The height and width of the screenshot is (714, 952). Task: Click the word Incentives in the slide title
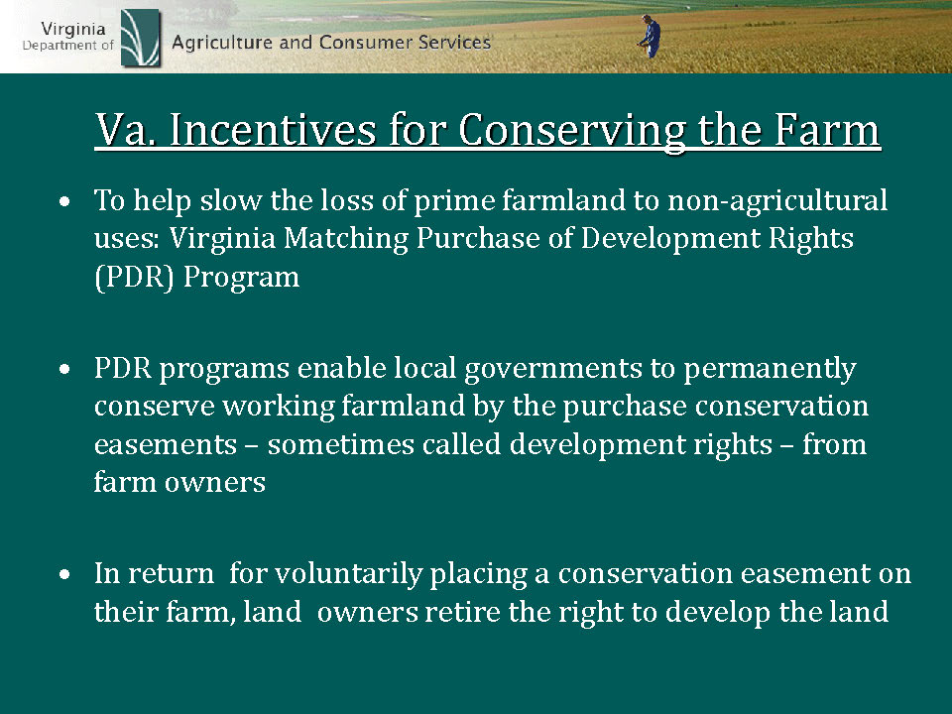[273, 129]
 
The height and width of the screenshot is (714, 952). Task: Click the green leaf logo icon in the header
[141, 38]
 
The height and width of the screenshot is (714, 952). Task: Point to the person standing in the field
[651, 37]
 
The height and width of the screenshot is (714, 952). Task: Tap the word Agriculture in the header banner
[221, 44]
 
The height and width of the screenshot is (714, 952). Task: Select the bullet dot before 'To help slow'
[65, 201]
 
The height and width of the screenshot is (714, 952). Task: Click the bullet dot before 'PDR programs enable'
[65, 369]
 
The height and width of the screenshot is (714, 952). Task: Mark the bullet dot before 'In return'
[65, 574]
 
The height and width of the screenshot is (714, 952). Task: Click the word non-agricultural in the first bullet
[777, 201]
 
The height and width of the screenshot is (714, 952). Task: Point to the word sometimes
[341, 444]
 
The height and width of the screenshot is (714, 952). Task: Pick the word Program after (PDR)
[242, 278]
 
